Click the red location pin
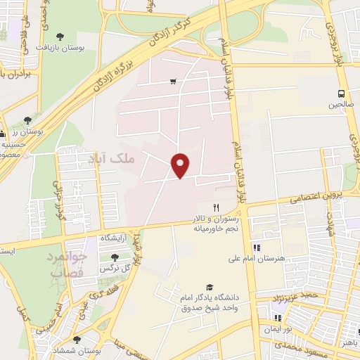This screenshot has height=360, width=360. tap(181, 165)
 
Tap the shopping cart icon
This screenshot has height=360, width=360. tap(173, 82)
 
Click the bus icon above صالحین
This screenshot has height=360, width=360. tap(341, 93)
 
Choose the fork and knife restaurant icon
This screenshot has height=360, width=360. tap(217, 207)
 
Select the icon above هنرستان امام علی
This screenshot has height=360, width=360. tap(257, 247)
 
